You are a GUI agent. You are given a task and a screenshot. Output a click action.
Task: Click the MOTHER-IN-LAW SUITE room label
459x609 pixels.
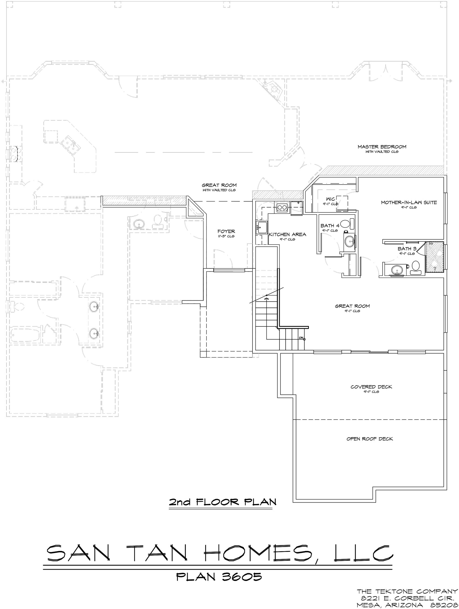coord(409,202)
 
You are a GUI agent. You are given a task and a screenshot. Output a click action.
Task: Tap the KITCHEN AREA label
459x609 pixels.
coord(287,234)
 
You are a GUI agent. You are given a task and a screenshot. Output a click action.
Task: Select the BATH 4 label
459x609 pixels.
coord(330,226)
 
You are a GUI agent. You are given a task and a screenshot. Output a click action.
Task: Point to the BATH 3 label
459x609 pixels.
coord(407,249)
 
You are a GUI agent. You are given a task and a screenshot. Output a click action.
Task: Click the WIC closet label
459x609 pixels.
coord(330,199)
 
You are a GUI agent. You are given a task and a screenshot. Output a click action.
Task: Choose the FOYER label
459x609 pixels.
coord(226,232)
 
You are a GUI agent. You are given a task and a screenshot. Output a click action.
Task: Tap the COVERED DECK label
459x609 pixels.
coord(371,387)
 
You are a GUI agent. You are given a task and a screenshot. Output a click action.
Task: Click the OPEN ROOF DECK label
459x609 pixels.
coord(370,439)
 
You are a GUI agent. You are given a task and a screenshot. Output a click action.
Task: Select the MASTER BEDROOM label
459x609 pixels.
coord(382,147)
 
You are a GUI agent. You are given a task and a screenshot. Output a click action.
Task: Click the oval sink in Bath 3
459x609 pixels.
coord(397,270)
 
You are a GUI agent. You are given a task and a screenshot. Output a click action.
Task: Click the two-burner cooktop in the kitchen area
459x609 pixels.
coord(281,207)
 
